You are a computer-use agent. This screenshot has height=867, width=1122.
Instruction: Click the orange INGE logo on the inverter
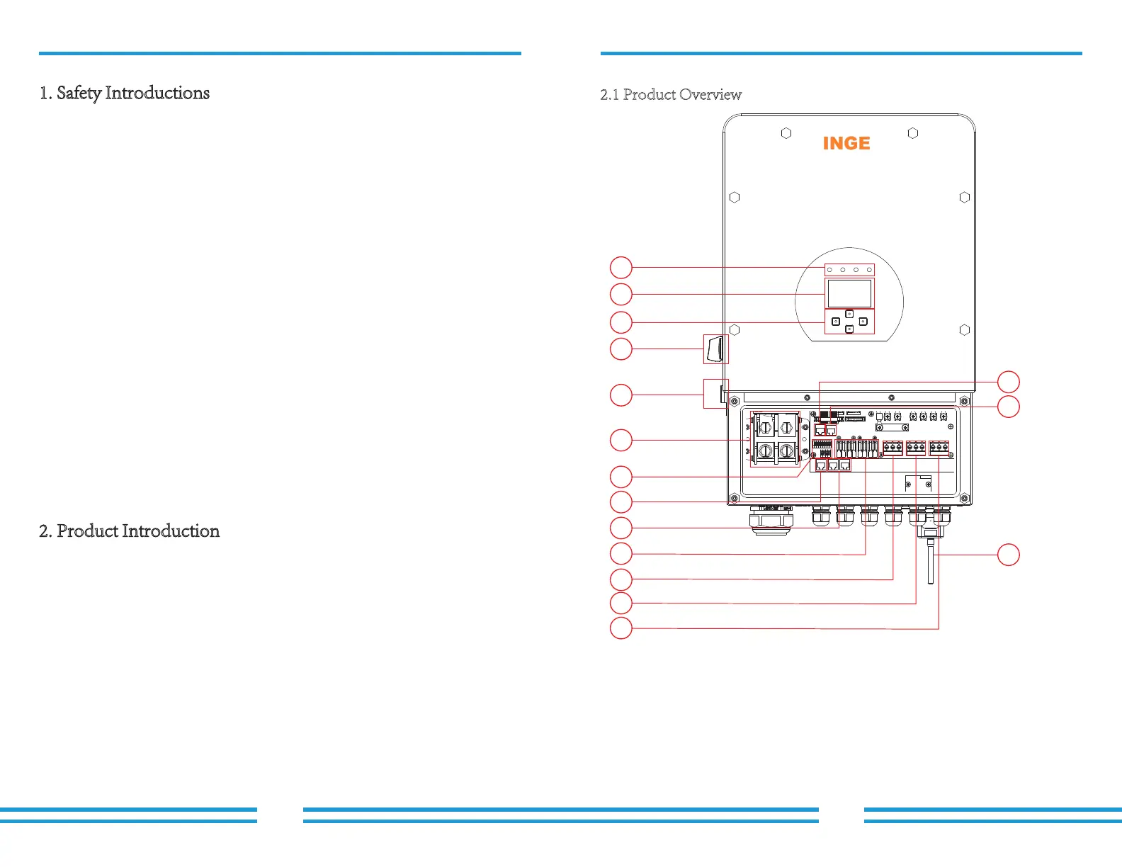(846, 143)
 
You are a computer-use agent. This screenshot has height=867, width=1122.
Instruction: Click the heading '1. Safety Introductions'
(125, 93)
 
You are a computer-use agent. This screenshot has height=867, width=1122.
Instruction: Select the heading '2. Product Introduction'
(130, 531)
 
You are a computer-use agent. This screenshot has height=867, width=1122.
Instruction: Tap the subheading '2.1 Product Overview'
(671, 95)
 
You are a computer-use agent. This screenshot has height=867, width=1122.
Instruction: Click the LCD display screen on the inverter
(849, 293)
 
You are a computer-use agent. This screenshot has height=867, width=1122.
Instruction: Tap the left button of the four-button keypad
(836, 322)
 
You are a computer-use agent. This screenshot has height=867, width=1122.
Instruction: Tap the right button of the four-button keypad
(863, 322)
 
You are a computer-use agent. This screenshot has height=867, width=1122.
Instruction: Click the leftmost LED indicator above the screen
(829, 270)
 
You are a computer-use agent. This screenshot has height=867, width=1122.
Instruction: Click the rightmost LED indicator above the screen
(869, 270)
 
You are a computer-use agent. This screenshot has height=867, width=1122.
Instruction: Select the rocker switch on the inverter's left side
(715, 349)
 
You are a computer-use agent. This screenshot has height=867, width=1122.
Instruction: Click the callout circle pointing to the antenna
(1008, 555)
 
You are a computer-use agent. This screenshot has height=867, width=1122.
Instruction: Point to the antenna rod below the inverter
(930, 563)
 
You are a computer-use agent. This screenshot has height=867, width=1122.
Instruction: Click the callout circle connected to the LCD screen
(621, 294)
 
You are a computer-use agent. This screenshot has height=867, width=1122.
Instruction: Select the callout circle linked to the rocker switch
(621, 349)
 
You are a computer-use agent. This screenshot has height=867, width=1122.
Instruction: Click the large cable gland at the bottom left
(771, 520)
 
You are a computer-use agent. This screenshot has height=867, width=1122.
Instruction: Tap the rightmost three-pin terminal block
(939, 447)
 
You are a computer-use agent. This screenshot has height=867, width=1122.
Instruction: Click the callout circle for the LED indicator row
(621, 268)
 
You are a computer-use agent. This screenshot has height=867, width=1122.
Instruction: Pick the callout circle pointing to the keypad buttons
(621, 322)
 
